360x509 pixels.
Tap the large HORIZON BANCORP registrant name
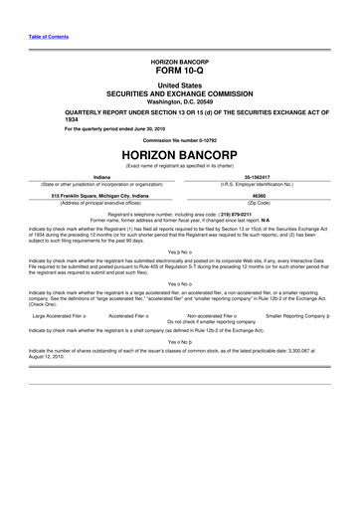[179, 155]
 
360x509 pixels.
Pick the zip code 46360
[268, 196]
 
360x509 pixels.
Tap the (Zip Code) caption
[268, 203]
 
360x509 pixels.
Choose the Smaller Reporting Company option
[304, 314]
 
